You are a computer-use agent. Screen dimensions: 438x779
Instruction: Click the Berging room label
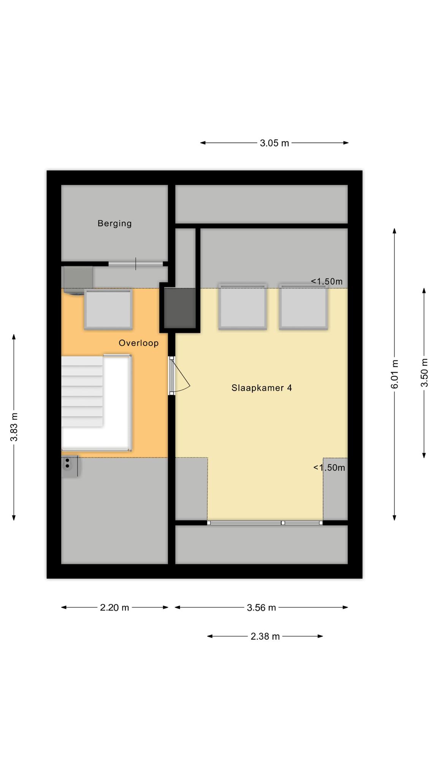(114, 223)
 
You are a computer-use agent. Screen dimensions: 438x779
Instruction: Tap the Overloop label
(138, 343)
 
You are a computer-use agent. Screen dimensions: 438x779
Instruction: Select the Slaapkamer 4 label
(262, 388)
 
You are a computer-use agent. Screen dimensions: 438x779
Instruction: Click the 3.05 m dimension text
(275, 143)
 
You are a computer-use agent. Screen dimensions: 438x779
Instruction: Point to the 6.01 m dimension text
(395, 374)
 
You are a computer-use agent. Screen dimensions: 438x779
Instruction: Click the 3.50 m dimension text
(424, 373)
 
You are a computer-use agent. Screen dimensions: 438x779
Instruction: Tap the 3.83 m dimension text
(14, 427)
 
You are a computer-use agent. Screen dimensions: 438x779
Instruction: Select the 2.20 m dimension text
(114, 607)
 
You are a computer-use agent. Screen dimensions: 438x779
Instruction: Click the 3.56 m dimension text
(261, 607)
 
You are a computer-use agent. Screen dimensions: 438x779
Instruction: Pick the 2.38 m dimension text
(265, 636)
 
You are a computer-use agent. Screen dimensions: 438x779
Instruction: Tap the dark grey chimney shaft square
(180, 308)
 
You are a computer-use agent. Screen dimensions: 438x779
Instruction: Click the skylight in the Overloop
(108, 309)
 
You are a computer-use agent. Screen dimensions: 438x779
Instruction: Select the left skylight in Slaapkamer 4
(243, 306)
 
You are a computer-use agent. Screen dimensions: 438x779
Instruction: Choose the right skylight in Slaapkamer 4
(303, 306)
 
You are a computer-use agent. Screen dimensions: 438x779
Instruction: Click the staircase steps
(82, 391)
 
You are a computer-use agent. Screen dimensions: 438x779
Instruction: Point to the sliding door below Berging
(136, 264)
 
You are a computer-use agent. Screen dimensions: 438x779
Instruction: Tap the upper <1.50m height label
(327, 281)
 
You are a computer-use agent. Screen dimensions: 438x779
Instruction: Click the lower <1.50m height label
(329, 467)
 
